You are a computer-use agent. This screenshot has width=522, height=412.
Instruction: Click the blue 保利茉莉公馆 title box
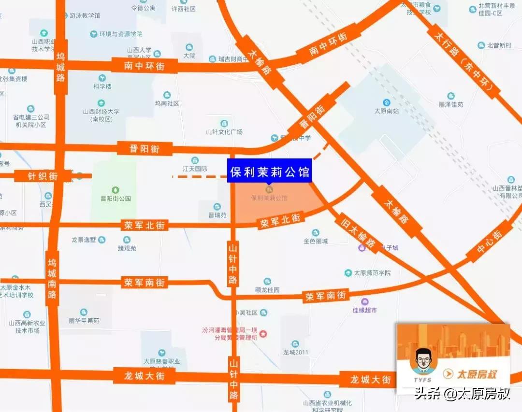click(270, 171)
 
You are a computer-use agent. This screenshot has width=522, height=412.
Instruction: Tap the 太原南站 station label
click(386, 111)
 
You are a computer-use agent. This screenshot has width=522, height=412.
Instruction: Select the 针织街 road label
click(43, 176)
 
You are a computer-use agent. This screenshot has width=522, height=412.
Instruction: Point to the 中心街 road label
click(489, 242)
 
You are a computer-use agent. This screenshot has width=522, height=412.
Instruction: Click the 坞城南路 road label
click(52, 278)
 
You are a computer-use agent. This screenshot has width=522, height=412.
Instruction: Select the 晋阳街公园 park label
click(116, 198)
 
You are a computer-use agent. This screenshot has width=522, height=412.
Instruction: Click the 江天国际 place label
click(195, 169)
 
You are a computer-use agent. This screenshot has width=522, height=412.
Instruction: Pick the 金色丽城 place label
click(316, 241)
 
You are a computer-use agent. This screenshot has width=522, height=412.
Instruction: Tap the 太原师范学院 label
click(372, 273)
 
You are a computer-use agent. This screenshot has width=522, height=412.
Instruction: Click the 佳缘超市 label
click(364, 310)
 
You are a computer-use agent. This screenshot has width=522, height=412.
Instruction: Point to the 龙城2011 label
click(296, 352)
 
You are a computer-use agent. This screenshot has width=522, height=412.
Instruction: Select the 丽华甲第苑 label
click(84, 320)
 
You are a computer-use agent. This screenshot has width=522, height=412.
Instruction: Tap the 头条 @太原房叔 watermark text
click(462, 394)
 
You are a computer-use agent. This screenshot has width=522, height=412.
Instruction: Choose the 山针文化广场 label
click(224, 131)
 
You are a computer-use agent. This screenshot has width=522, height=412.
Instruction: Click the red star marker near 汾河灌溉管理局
click(263, 334)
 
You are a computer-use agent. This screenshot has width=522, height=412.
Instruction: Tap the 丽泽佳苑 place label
click(451, 104)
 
